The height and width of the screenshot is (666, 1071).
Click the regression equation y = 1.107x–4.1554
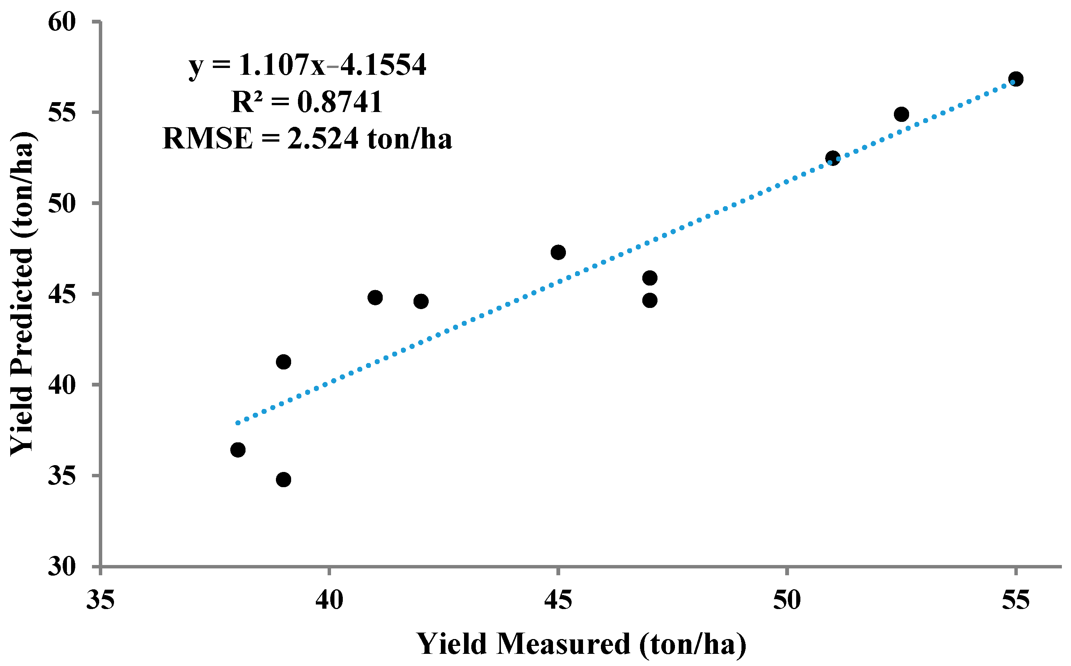(x=307, y=65)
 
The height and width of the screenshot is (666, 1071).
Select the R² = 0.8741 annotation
(x=307, y=102)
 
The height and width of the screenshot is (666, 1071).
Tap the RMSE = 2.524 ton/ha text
(x=307, y=138)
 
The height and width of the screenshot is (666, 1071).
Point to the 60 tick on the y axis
(x=62, y=22)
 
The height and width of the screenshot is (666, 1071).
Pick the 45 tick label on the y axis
(x=62, y=294)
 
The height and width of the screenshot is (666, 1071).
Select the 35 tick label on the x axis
(x=100, y=600)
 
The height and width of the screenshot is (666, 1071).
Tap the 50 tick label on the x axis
(x=787, y=600)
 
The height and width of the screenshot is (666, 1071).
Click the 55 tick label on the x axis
(x=1016, y=600)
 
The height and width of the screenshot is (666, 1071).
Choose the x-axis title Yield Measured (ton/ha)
(x=581, y=644)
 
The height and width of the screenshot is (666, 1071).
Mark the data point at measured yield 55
(x=1016, y=79)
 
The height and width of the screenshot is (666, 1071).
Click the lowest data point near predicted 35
(x=284, y=479)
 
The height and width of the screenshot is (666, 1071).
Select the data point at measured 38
(x=238, y=450)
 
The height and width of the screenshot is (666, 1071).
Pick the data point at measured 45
(x=558, y=253)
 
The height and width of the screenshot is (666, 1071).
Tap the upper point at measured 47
(x=650, y=278)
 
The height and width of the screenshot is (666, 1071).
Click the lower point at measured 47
(x=650, y=300)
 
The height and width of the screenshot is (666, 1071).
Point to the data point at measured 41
(x=375, y=297)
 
